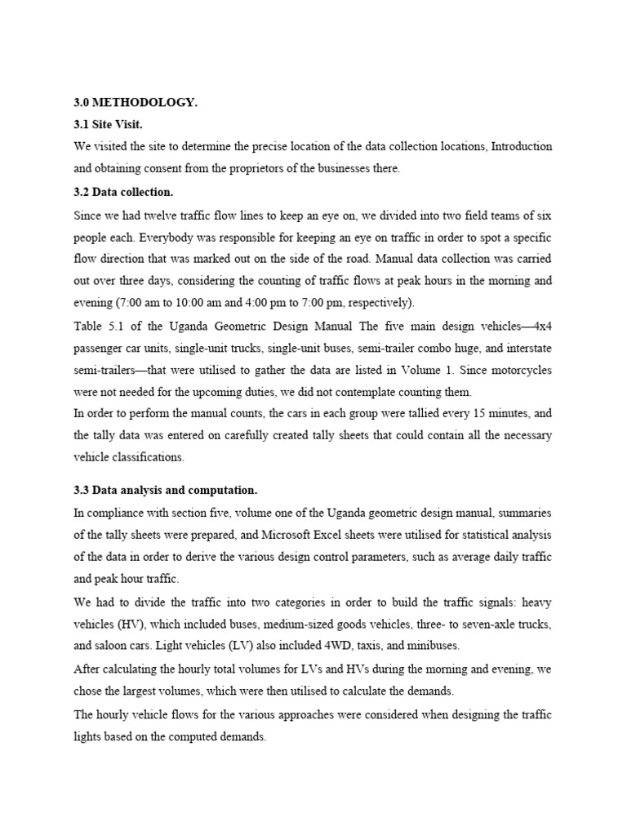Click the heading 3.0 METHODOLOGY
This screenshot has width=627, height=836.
point(136,102)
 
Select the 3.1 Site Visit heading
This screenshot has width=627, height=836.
point(108,124)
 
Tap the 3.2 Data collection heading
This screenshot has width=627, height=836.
point(123,193)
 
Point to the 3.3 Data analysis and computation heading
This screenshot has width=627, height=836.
point(166,490)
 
